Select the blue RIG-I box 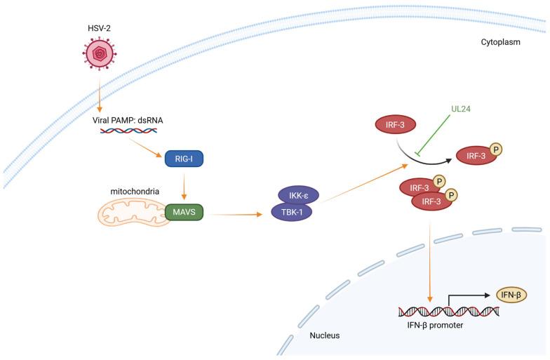183,160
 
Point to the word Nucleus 325,336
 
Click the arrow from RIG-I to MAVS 184,185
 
